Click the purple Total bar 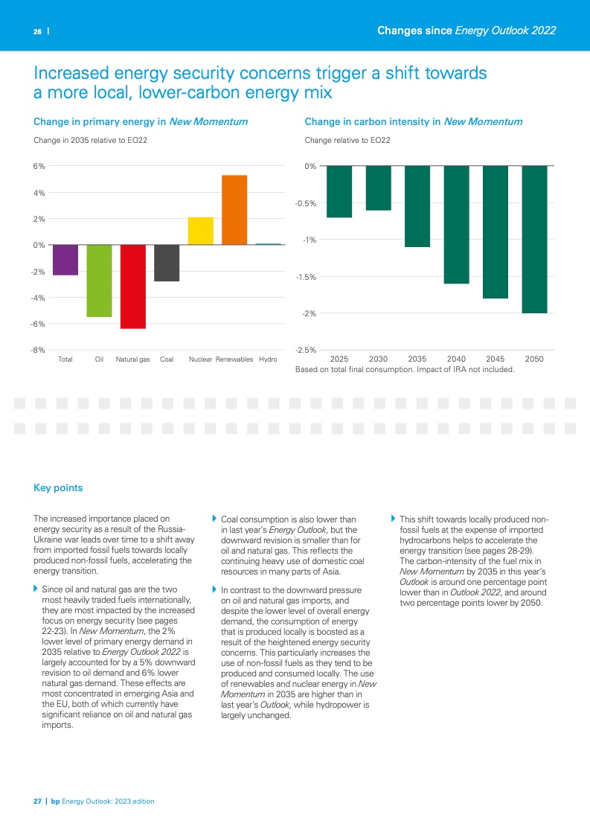pyautogui.click(x=65, y=260)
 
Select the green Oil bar pyautogui.click(x=99, y=281)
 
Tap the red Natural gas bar pyautogui.click(x=133, y=287)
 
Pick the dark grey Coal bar pyautogui.click(x=167, y=263)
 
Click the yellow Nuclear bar pyautogui.click(x=201, y=231)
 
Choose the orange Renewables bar pyautogui.click(x=234, y=210)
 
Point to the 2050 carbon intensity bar pyautogui.click(x=534, y=239)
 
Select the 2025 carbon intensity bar pyautogui.click(x=339, y=191)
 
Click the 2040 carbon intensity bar pyautogui.click(x=456, y=224)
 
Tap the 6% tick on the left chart pyautogui.click(x=39, y=166)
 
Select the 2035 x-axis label pyautogui.click(x=417, y=359)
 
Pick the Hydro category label pyautogui.click(x=268, y=359)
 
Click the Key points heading pyautogui.click(x=58, y=488)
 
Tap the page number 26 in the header pyautogui.click(x=36, y=31)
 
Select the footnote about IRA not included pyautogui.click(x=405, y=369)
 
